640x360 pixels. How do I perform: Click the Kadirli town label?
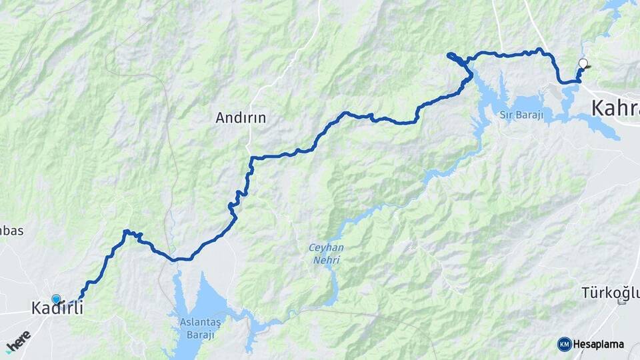tap(61, 308)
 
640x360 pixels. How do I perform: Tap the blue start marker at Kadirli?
tap(56, 300)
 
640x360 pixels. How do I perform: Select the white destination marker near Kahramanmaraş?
tap(583, 64)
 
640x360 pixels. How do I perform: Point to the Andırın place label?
tap(241, 118)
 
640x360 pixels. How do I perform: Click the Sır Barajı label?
tap(522, 115)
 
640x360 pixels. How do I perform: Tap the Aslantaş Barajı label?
tap(200, 327)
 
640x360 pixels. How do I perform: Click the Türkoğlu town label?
tap(610, 292)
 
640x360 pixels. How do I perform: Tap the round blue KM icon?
tap(564, 344)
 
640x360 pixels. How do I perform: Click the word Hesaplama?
tap(598, 344)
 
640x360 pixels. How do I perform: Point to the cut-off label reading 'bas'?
tap(12, 231)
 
